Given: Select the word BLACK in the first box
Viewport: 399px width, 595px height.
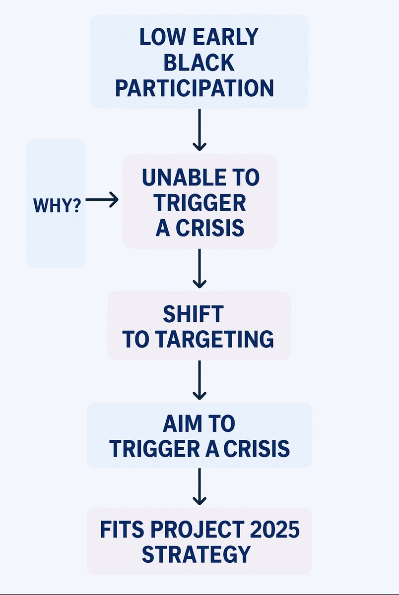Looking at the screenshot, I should [x=199, y=63].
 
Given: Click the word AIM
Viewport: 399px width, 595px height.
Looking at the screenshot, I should [x=180, y=424].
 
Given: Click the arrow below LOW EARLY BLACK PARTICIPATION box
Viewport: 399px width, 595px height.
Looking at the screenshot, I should [x=199, y=129].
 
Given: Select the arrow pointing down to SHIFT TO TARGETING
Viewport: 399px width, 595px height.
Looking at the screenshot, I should [x=199, y=269].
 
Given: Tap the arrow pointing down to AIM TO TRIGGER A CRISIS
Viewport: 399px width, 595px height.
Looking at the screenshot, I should [x=199, y=380].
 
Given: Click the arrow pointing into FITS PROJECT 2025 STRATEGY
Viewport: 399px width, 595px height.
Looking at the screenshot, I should [x=199, y=486].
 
